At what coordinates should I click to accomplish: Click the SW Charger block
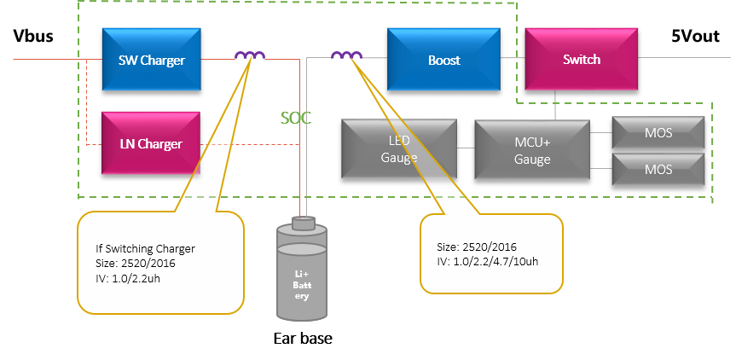pos(152,60)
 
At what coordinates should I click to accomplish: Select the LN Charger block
pos(150,143)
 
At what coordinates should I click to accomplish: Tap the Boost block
pos(443,60)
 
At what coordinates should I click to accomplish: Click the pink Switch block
pos(581,60)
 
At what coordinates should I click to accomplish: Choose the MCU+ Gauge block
pos(531,148)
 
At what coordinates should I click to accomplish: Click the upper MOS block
pos(658,133)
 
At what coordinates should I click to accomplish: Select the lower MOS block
pos(658,169)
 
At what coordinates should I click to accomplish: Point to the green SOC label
pos(296,118)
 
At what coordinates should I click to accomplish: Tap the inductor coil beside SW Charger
pos(250,56)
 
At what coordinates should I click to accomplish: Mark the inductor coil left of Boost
pos(346,56)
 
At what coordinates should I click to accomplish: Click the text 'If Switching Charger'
pos(145,248)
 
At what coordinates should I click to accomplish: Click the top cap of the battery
pos(302,224)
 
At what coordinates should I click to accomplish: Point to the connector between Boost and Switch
pos(512,59)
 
